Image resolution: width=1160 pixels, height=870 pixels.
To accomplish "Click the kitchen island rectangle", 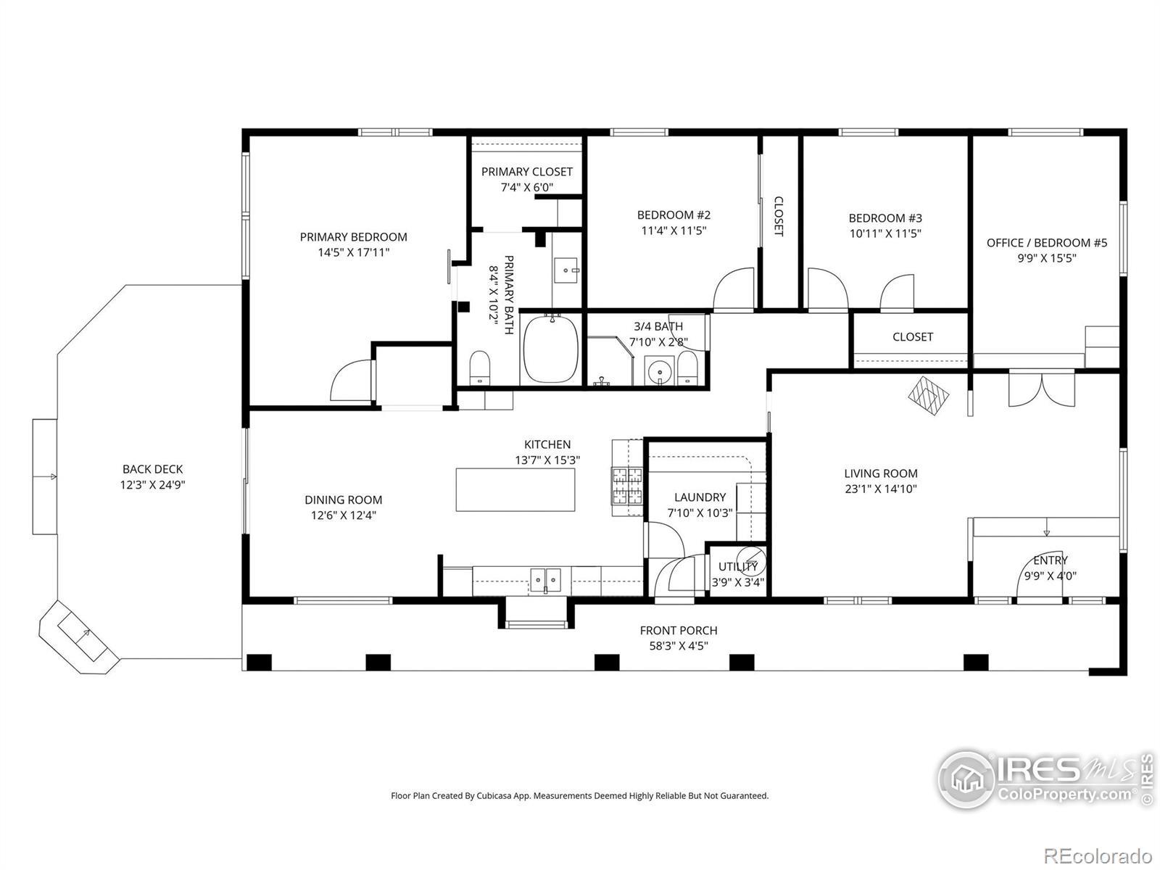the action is coord(515,489).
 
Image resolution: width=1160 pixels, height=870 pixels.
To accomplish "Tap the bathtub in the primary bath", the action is coord(551,349).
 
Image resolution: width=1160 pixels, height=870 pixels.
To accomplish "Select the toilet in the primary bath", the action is coord(479,368).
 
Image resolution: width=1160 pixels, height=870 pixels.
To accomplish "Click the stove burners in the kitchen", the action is coord(627,486).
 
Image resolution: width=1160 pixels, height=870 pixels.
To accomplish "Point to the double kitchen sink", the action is coord(546,581).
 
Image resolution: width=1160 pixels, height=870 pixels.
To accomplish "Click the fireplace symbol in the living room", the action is coord(929,395).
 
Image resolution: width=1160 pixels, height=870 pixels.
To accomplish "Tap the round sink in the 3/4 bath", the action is coord(659,370).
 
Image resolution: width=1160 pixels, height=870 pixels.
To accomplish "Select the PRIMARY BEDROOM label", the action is coord(354,237).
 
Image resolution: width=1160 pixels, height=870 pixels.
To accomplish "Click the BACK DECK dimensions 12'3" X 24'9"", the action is coord(153,485).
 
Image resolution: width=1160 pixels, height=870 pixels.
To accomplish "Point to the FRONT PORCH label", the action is coord(679,630).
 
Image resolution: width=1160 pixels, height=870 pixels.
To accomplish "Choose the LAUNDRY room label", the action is coord(700,497).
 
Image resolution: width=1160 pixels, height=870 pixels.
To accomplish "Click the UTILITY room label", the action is coord(738,567).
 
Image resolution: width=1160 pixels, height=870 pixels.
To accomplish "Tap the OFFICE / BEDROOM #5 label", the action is coord(1047,243).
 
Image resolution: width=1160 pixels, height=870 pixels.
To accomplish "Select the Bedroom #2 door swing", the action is coord(734,289).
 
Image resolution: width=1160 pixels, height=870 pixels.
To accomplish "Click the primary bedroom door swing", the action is coord(351,380).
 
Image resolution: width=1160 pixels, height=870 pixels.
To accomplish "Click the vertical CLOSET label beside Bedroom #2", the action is coord(779,216).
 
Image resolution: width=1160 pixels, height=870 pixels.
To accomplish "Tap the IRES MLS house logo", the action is coord(966,779).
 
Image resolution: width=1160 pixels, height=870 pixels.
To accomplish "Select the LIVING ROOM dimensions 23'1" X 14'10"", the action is coord(880,489).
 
